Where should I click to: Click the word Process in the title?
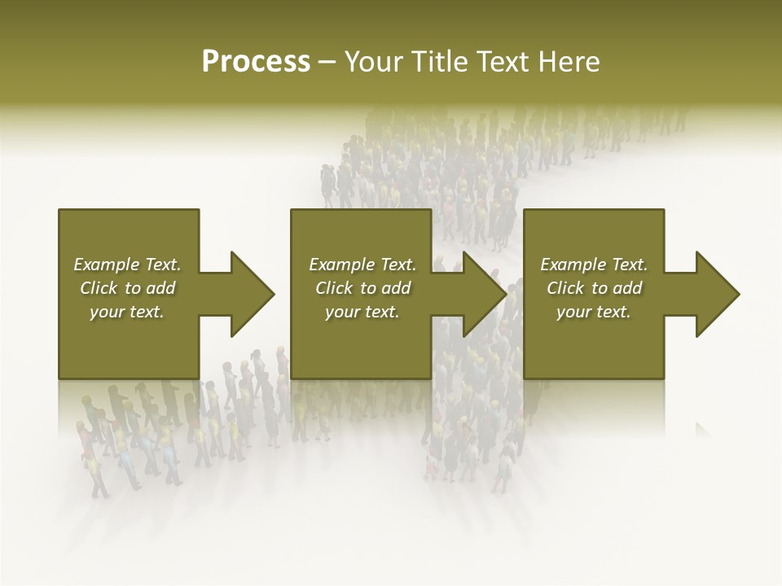pyautogui.click(x=256, y=62)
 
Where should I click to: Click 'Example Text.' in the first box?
pyautogui.click(x=127, y=265)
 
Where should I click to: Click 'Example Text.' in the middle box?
pyautogui.click(x=362, y=265)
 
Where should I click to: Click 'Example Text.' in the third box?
pyautogui.click(x=594, y=265)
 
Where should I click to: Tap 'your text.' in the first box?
pyautogui.click(x=127, y=312)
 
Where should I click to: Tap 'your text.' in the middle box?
pyautogui.click(x=362, y=312)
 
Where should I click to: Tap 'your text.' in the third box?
pyautogui.click(x=594, y=312)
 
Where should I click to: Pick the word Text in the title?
pyautogui.click(x=504, y=62)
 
